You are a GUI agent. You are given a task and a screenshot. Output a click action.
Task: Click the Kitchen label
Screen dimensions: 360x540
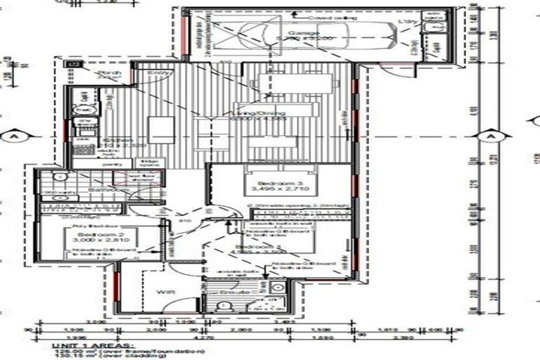pos(117,141)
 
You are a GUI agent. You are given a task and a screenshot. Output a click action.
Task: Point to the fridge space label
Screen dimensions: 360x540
pos(155,165)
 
